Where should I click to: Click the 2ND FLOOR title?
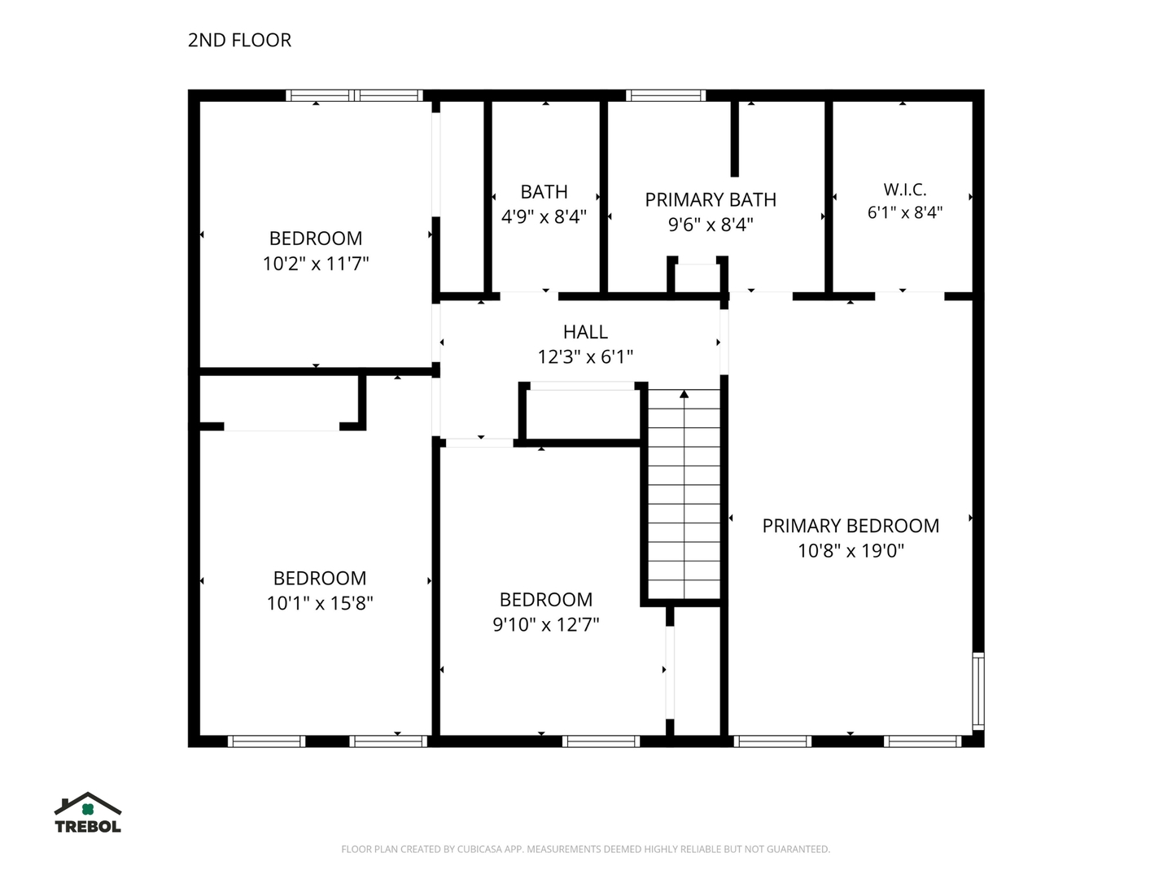pos(239,41)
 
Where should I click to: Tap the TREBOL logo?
pos(88,811)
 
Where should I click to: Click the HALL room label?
pos(585,332)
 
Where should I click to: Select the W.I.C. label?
pos(904,190)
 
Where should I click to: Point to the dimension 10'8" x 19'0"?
pos(851,550)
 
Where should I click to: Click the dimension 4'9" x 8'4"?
pos(544,216)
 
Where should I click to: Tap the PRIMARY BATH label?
pos(711,199)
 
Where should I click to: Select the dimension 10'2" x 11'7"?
pos(316,263)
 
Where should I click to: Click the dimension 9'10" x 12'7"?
pos(545,624)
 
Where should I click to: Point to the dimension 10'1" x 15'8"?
pos(319,603)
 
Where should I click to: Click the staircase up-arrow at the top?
pos(684,395)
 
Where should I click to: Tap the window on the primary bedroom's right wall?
pos(977,691)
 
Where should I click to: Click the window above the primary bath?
pos(666,95)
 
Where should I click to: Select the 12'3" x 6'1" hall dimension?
pos(585,356)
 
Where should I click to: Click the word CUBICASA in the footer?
pos(479,849)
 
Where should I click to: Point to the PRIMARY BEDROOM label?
pos(851,526)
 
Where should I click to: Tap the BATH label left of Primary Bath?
pos(544,191)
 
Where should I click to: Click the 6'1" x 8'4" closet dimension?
pos(904,212)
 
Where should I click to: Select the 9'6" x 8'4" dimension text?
pos(711,225)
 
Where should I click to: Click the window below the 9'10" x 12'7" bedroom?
pos(601,741)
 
